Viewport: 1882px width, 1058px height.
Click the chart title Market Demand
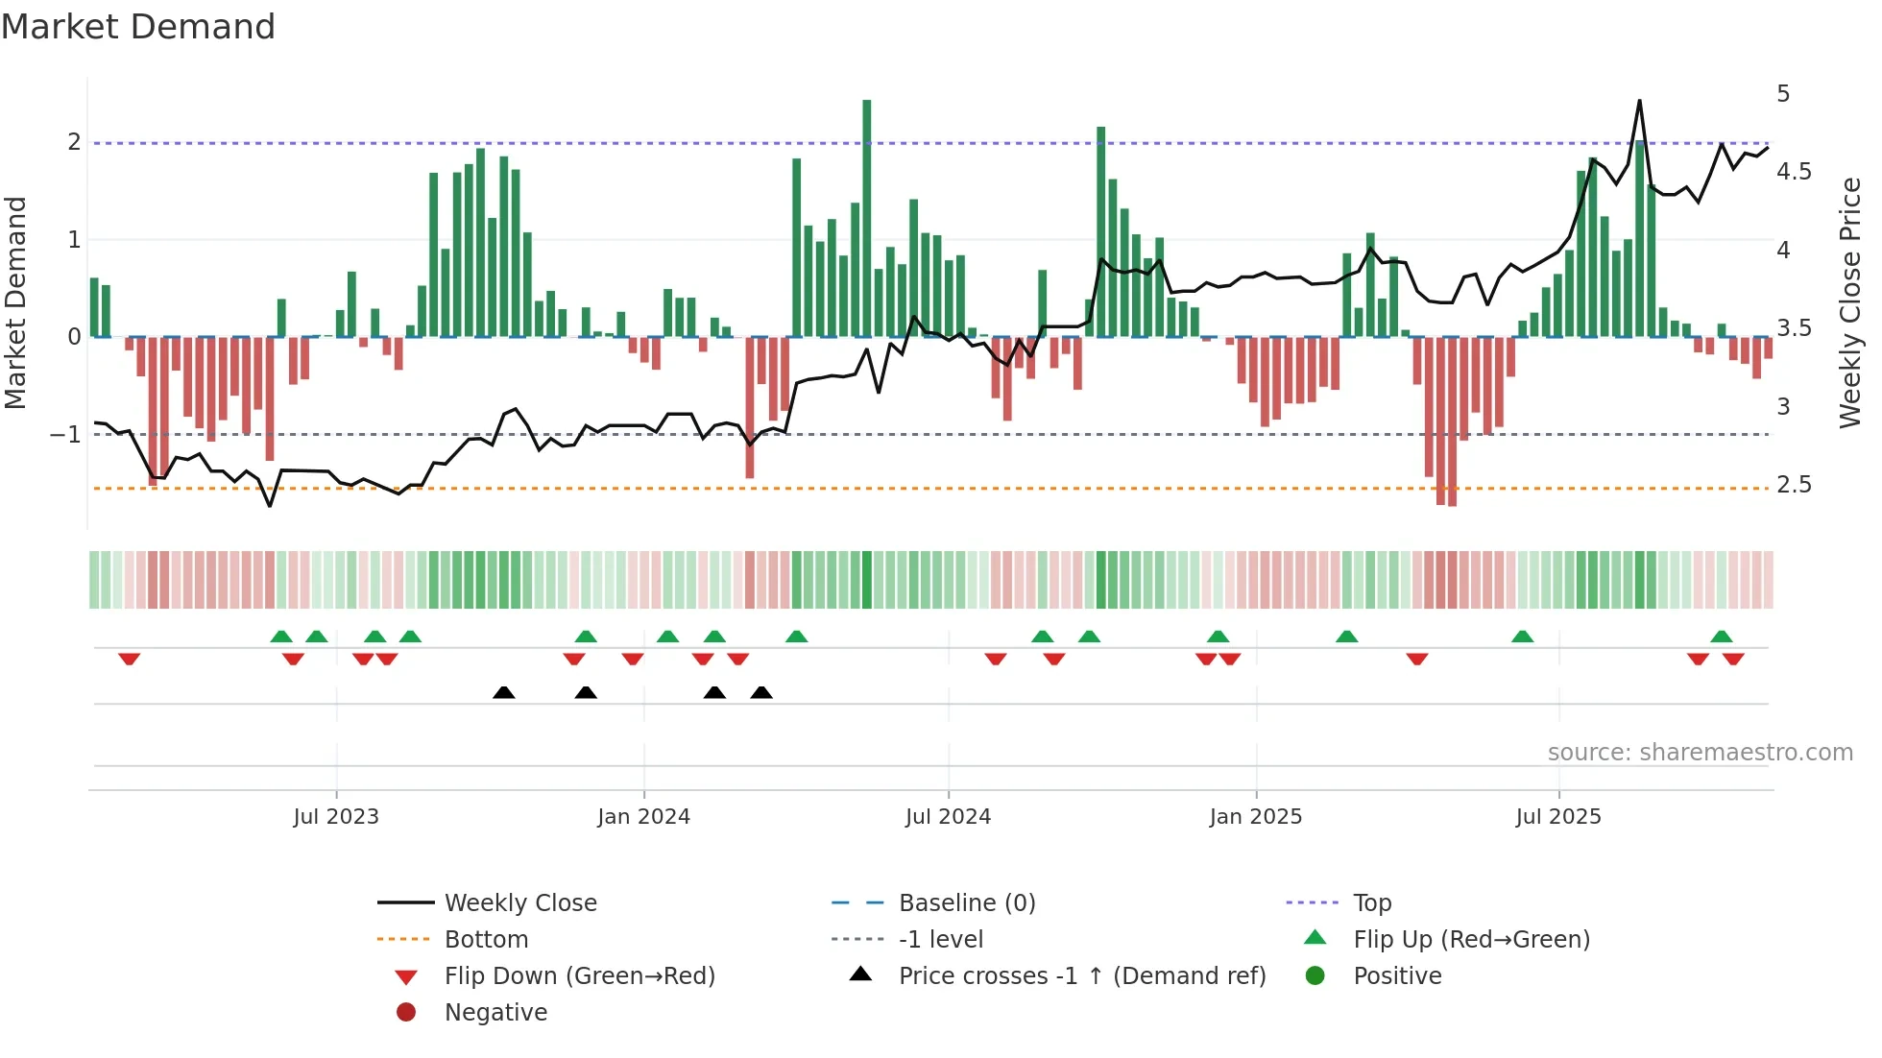click(138, 27)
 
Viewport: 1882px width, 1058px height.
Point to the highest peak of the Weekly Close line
click(1639, 101)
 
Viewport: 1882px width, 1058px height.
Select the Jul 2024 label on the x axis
click(948, 816)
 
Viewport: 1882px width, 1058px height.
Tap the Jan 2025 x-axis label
click(1255, 816)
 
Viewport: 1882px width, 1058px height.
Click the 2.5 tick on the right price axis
click(1794, 485)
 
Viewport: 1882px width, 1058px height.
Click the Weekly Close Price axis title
click(1849, 302)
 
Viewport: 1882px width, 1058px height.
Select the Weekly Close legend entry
click(519, 902)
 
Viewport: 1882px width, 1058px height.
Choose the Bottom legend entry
click(486, 939)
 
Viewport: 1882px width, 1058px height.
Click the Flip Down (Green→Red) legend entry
click(579, 975)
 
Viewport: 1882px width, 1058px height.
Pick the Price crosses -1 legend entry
click(1081, 975)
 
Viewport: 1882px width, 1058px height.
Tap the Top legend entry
click(1371, 902)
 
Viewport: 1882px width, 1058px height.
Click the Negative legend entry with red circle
click(495, 1012)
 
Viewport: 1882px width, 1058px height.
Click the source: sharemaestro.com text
click(1700, 752)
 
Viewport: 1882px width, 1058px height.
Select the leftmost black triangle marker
click(503, 692)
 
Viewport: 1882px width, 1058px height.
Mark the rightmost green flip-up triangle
click(1721, 636)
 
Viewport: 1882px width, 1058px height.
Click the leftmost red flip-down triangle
click(130, 659)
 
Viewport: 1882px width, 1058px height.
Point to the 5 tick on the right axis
click(1783, 94)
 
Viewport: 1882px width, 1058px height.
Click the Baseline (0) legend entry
click(966, 902)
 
